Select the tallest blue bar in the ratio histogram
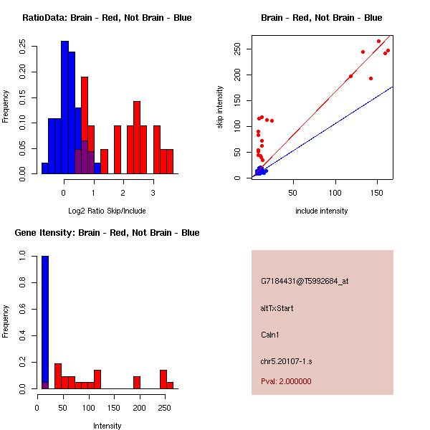[x=64, y=107]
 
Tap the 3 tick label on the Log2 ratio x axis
[x=153, y=193]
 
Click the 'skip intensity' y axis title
[x=220, y=107]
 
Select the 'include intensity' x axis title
[x=321, y=211]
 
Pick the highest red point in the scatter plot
[x=379, y=41]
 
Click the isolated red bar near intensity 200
[x=137, y=382]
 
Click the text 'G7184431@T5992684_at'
[x=305, y=281]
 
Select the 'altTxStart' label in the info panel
[x=277, y=308]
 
